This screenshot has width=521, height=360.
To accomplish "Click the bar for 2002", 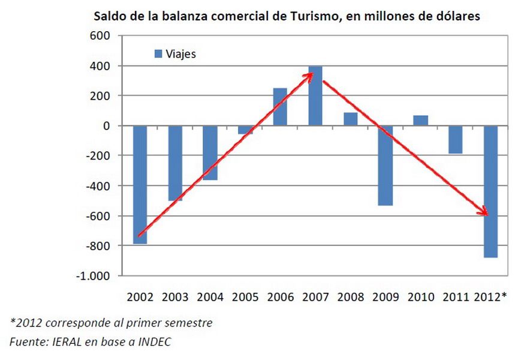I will [x=140, y=184].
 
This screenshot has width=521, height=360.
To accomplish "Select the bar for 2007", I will [x=315, y=96].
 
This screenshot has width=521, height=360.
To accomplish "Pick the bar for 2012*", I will [x=490, y=191].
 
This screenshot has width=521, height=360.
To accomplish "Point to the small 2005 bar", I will [x=245, y=130].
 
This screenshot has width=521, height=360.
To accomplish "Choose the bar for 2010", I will [x=420, y=121].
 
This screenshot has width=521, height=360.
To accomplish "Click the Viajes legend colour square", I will [x=158, y=54].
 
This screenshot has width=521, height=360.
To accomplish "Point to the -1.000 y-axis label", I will [x=95, y=276].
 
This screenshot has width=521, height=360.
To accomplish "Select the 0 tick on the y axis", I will [x=106, y=126].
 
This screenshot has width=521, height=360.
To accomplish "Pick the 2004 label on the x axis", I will [x=210, y=297].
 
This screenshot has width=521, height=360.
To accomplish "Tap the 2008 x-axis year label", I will [x=350, y=297].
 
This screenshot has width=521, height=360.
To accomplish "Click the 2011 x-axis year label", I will [x=456, y=297].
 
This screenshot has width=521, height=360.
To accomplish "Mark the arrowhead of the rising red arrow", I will [x=311, y=75].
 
